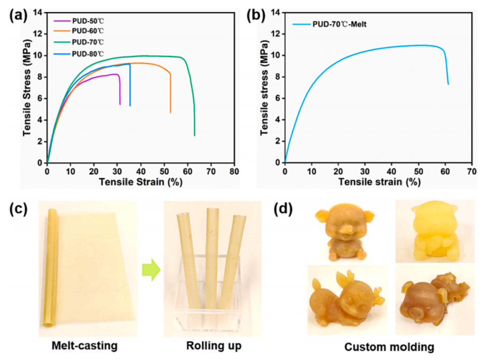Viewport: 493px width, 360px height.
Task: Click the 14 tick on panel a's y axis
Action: tap(40, 12)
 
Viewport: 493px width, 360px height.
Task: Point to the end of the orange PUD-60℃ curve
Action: tap(170, 112)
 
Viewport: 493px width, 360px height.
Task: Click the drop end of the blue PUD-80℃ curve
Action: tap(130, 105)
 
